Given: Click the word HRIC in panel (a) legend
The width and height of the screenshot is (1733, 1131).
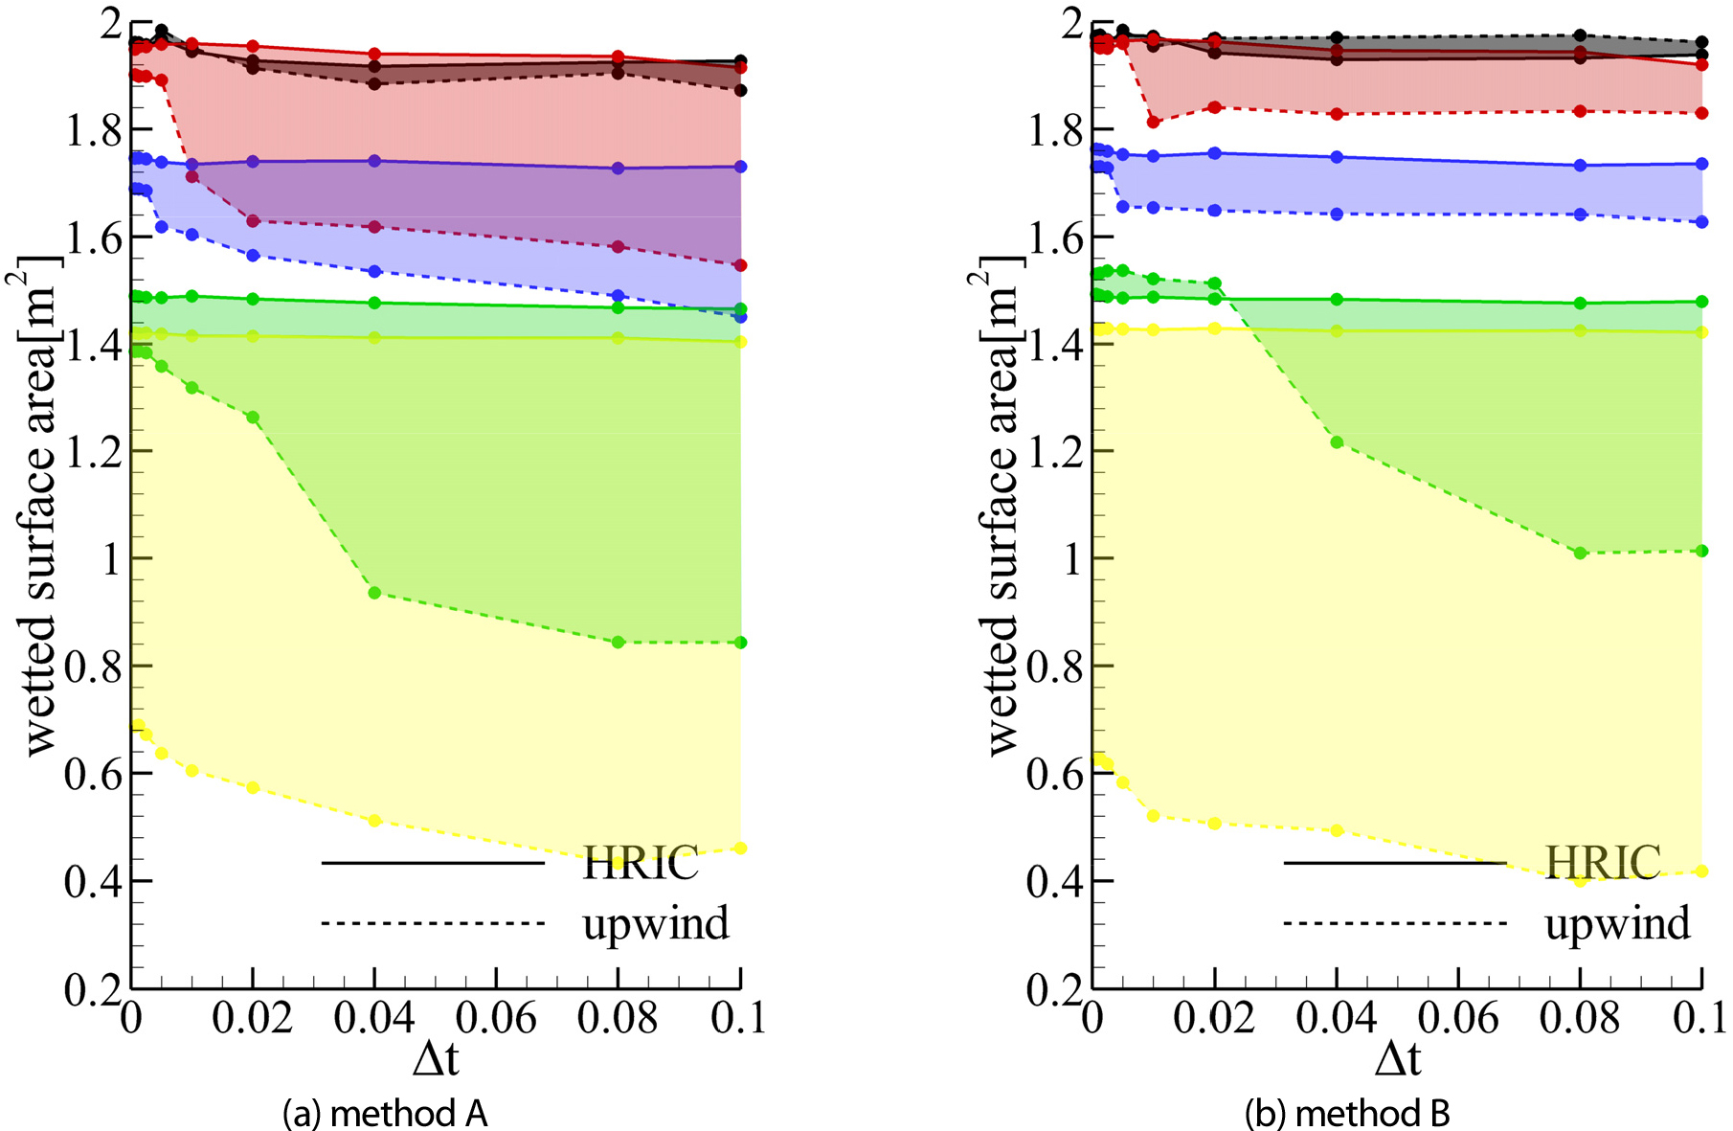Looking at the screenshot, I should coord(641,863).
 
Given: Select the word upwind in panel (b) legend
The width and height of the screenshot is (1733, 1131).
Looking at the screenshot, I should coord(1617,923).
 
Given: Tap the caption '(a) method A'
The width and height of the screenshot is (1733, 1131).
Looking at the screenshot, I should coord(386,1114).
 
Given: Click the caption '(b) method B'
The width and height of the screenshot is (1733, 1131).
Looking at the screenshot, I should coord(1347,1114).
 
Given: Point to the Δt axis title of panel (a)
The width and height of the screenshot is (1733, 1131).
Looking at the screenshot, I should coord(436,1059).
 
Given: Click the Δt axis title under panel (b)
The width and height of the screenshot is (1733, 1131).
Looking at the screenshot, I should coord(1398,1059).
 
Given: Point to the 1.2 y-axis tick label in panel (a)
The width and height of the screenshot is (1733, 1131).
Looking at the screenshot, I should coord(93,451).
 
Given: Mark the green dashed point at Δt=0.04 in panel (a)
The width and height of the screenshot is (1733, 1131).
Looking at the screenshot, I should coord(375,593).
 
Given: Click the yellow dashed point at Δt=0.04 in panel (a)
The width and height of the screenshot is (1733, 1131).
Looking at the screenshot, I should coord(375,821).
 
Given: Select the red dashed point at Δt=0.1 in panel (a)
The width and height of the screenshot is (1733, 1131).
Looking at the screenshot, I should coord(740,265).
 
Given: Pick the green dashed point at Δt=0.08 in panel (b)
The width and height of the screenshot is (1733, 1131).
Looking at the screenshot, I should coord(1580,553).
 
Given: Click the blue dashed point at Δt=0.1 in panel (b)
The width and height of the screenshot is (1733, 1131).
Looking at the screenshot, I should coord(1701,222).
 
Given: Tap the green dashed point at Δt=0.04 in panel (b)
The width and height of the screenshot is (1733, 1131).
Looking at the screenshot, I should coord(1337,442).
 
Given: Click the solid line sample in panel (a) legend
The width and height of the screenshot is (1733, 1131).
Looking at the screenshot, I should coord(433,863).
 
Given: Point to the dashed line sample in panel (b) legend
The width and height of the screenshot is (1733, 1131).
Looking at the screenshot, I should coord(1395,923).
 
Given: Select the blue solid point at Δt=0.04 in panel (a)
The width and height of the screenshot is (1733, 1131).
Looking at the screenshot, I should coord(375,161).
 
